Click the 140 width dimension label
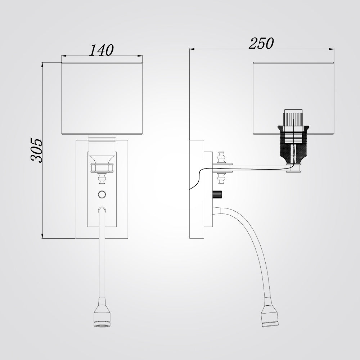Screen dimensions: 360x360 click(x=101, y=50)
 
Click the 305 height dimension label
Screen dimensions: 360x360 click(x=37, y=150)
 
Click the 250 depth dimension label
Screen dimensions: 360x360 click(x=261, y=44)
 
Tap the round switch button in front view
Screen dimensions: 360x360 click(x=102, y=194)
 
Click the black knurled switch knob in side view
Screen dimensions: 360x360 click(x=217, y=195)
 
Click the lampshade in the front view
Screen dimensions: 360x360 click(x=102, y=98)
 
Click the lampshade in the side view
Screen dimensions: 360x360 click(x=293, y=98)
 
